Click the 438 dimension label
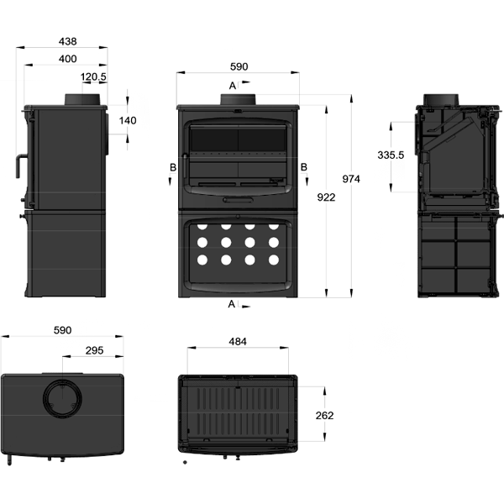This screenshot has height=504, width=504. click(67, 40)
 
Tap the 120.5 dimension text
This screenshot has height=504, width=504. click(93, 77)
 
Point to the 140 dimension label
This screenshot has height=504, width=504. click(128, 121)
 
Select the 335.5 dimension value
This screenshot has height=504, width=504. click(391, 155)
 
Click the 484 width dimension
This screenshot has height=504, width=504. click(239, 342)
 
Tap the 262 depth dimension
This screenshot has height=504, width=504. click(325, 415)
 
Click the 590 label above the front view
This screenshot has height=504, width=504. click(239, 67)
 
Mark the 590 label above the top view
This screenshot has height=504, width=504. click(62, 331)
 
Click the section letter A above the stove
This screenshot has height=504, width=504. click(232, 85)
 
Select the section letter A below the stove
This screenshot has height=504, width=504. click(232, 304)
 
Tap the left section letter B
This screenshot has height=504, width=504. click(173, 167)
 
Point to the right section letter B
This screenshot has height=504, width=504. click(304, 167)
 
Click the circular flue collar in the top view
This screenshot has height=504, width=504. click(63, 399)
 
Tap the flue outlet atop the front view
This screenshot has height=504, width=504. click(239, 100)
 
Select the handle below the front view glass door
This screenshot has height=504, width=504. click(239, 201)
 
